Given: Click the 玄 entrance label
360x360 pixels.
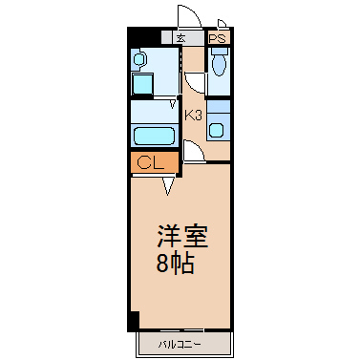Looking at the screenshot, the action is click(x=181, y=38).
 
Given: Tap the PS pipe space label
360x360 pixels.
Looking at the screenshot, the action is click(x=218, y=38).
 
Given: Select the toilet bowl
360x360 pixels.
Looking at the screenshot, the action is click(x=219, y=65).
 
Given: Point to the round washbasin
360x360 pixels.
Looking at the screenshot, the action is click(x=139, y=59).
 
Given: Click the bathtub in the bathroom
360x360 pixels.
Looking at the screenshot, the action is click(x=154, y=136).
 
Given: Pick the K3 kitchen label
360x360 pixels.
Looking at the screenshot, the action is click(x=194, y=116).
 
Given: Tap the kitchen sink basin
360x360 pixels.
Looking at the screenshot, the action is click(x=216, y=130).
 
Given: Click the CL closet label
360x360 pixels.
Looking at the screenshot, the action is click(x=150, y=163).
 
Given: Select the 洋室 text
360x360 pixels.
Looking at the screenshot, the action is click(x=182, y=236).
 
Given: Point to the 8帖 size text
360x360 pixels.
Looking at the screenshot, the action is click(x=175, y=265).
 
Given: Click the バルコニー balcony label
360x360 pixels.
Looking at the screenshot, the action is click(x=180, y=345).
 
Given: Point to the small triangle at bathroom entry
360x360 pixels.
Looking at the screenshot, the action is click(x=173, y=104).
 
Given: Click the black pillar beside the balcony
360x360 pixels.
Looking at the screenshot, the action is click(x=134, y=322).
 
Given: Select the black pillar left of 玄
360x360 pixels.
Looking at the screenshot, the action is click(x=143, y=37).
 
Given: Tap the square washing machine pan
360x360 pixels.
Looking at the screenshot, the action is click(x=142, y=83).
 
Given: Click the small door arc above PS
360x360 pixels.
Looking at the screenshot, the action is click(x=222, y=22).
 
